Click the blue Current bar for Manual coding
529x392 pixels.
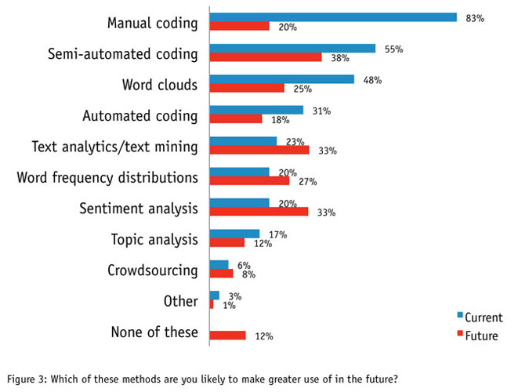coord(333,16)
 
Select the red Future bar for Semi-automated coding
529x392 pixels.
coord(266,57)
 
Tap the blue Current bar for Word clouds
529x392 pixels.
coord(282,78)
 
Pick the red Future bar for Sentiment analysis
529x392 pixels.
coord(259,212)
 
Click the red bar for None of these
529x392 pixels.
coord(228,336)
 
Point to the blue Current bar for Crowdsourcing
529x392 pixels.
coord(219,265)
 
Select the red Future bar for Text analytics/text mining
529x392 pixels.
coord(259,150)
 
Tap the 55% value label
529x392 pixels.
coord(393,49)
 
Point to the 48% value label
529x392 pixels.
coord(372,79)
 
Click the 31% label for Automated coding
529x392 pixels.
coord(321,111)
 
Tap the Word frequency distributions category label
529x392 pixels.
coord(107,177)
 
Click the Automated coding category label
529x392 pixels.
coord(140,116)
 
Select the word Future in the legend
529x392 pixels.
coord(481,336)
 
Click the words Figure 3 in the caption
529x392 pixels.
coord(27,379)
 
